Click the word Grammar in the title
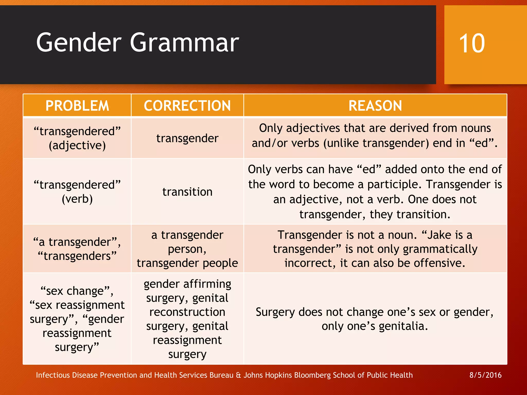pos(184,43)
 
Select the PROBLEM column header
pos(77,106)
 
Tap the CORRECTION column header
pos(187,106)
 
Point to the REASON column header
pos(375,106)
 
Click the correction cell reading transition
pos(187,192)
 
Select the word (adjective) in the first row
pos(77,145)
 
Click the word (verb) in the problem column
pos(77,199)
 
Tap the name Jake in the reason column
pos(440,235)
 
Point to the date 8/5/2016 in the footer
pos(485,375)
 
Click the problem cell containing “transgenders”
pos(77,256)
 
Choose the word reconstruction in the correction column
pos(187,312)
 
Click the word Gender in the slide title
pos(79,43)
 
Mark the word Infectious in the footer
pos(53,375)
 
